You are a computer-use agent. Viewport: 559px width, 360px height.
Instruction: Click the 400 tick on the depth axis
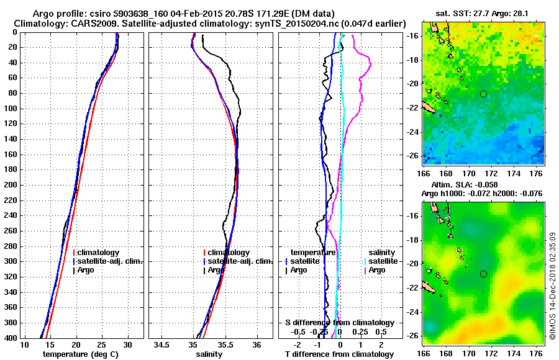(x=11, y=337)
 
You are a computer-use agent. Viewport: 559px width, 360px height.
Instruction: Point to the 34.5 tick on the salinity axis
(x=162, y=344)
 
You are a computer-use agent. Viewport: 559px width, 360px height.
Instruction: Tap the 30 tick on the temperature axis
(x=128, y=344)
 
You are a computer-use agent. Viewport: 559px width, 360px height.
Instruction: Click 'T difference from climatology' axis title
(x=339, y=354)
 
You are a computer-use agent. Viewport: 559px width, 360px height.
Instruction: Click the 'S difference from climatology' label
(x=339, y=323)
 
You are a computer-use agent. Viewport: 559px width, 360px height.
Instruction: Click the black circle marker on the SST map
(x=483, y=94)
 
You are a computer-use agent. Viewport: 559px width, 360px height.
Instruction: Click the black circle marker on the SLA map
(x=483, y=274)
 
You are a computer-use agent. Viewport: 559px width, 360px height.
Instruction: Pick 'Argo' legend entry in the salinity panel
(x=217, y=270)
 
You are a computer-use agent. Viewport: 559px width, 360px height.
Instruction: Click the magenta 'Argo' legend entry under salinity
(x=377, y=270)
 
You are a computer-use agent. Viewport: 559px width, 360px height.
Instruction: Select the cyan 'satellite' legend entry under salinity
(x=383, y=261)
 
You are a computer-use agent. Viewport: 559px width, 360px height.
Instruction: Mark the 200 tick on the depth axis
(x=11, y=184)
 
